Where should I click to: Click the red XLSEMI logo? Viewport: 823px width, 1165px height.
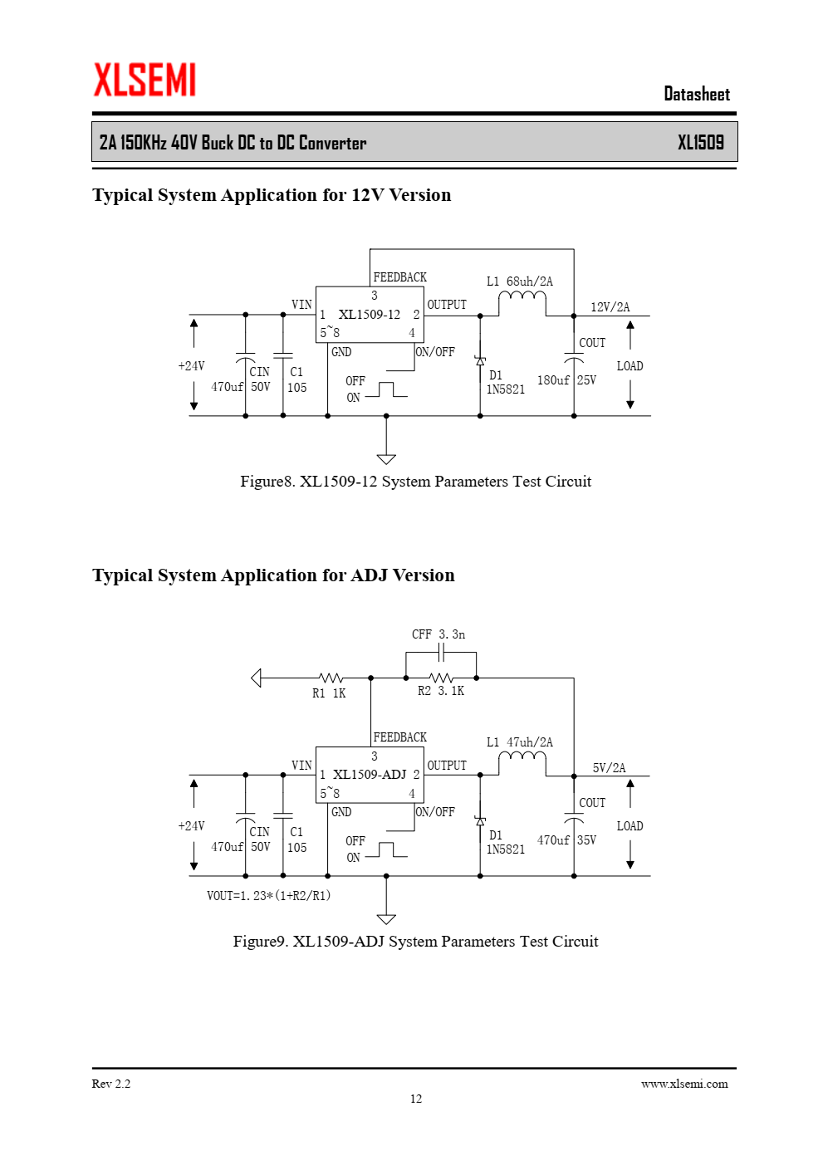[145, 80]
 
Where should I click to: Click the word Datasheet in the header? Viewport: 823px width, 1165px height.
[697, 94]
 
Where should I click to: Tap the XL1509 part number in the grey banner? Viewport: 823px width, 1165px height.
[700, 142]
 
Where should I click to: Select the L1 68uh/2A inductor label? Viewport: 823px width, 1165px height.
[519, 281]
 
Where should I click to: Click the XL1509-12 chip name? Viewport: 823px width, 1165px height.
[370, 315]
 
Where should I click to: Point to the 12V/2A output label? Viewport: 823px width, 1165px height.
[610, 307]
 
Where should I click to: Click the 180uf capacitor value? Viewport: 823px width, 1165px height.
[553, 380]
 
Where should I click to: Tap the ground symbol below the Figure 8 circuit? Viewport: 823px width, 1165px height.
[386, 459]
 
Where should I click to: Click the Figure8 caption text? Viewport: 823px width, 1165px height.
[416, 481]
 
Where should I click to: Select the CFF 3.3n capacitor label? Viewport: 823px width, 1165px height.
[438, 634]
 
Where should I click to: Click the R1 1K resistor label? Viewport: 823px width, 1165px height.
[329, 693]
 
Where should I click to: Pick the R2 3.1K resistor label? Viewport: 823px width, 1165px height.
[441, 691]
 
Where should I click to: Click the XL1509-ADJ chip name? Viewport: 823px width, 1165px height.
[370, 775]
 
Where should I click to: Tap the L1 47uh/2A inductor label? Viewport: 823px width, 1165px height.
[519, 742]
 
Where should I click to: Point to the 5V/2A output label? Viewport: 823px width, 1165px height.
[610, 767]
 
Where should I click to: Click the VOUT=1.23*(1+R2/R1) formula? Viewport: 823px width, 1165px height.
[268, 895]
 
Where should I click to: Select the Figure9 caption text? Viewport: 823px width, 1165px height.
[416, 941]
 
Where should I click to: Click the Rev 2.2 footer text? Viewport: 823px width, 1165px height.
[111, 1084]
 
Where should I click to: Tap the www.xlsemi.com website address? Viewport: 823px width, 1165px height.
[684, 1084]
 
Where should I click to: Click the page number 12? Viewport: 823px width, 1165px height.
[416, 1099]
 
